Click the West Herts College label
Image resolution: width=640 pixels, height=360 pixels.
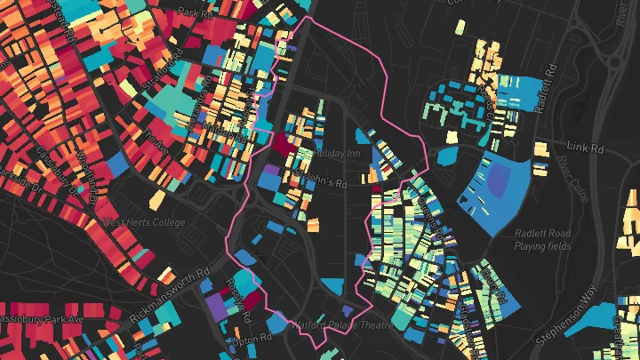(x=144, y=222)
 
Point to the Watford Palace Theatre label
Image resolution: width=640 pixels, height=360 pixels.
(x=340, y=325)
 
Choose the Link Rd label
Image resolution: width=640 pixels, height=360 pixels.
(x=584, y=144)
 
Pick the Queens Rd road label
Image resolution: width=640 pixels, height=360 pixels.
(x=436, y=222)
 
